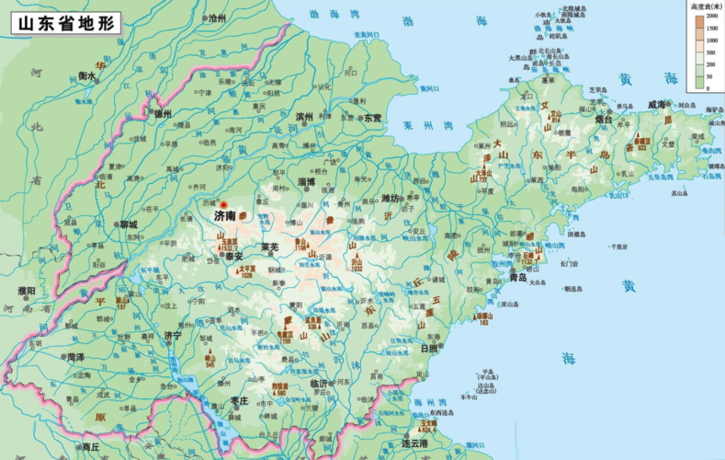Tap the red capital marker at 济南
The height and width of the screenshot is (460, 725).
click(x=222, y=205)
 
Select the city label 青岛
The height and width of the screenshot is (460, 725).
click(x=519, y=277)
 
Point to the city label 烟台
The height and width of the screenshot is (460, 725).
click(x=603, y=119)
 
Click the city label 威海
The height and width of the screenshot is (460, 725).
click(x=656, y=106)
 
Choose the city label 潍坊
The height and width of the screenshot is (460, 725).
click(x=391, y=199)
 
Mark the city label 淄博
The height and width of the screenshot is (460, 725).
click(x=306, y=182)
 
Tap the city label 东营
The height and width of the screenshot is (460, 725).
click(x=372, y=118)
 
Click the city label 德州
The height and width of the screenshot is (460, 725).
click(x=163, y=113)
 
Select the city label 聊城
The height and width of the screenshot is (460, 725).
click(x=128, y=224)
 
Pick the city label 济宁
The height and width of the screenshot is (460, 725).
click(x=173, y=337)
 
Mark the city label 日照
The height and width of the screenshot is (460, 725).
click(x=428, y=349)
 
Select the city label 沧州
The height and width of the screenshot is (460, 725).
click(x=217, y=17)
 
